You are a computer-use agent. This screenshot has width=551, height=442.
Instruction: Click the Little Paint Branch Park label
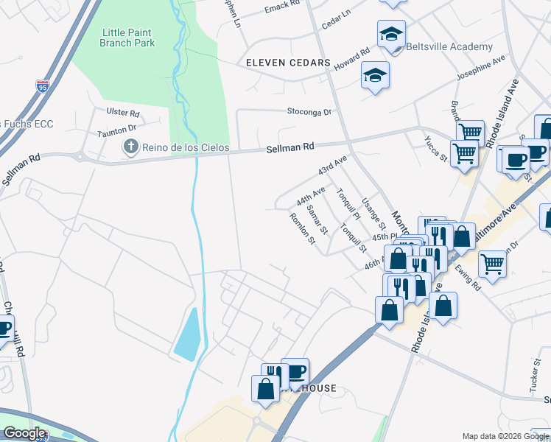pos(127,37)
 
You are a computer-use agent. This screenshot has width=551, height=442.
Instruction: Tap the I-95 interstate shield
pos(43,86)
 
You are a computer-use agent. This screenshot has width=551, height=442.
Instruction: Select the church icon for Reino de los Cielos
pos(131,147)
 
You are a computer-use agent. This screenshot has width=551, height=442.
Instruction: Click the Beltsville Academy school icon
pos(391,34)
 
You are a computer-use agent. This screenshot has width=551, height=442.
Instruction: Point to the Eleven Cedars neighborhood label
pos(288,63)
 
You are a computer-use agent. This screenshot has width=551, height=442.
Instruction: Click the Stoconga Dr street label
pos(309,112)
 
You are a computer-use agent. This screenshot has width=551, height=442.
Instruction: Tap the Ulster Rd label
pos(123,113)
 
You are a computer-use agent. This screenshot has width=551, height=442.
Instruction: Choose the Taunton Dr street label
pos(118,133)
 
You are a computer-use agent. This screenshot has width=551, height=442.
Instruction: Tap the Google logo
pos(24,433)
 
